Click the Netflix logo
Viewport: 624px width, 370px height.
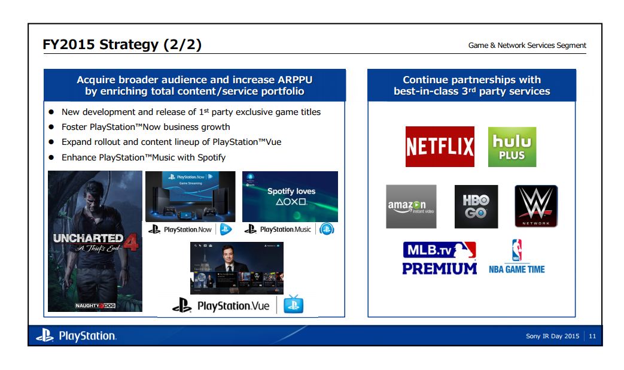pyautogui.click(x=440, y=147)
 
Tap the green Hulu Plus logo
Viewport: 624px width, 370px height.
pyautogui.click(x=512, y=147)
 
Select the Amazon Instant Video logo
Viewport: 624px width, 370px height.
pyautogui.click(x=411, y=207)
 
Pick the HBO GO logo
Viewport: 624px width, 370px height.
pyautogui.click(x=476, y=207)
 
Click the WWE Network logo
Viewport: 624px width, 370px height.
pyautogui.click(x=536, y=207)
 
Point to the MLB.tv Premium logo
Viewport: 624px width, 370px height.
pyautogui.click(x=440, y=259)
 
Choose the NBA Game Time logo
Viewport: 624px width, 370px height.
pyautogui.click(x=517, y=257)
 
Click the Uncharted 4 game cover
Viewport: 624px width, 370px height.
pyautogui.click(x=95, y=241)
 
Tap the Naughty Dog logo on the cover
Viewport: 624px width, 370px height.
pyautogui.click(x=95, y=305)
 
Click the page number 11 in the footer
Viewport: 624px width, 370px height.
pyautogui.click(x=592, y=336)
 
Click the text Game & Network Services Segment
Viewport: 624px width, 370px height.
pyautogui.click(x=527, y=46)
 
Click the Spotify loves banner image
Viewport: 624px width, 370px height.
pyautogui.click(x=290, y=196)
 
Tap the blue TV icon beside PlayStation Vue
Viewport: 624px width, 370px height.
pyautogui.click(x=293, y=305)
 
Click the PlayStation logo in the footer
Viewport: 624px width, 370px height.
pyautogui.click(x=76, y=336)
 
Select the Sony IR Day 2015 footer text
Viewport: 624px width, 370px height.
pyautogui.click(x=552, y=336)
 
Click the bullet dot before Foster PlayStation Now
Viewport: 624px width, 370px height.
pyautogui.click(x=51, y=127)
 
